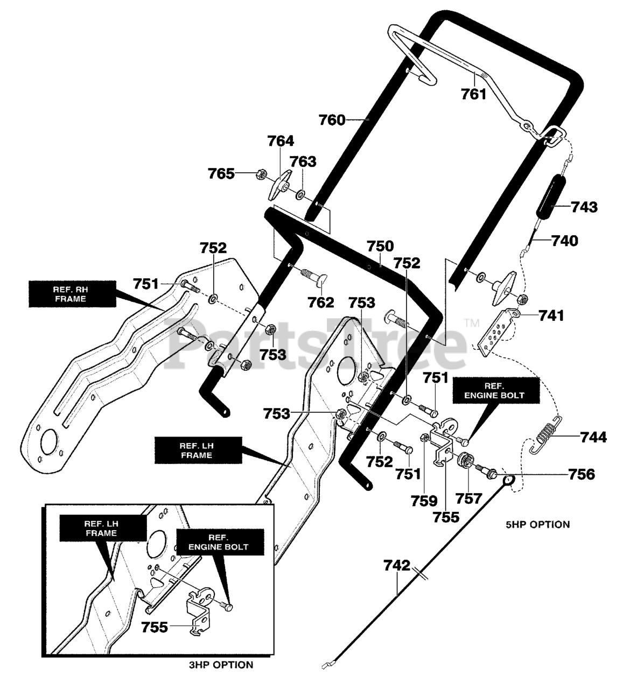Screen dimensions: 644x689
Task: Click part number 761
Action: (x=473, y=94)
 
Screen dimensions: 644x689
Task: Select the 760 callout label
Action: (x=332, y=120)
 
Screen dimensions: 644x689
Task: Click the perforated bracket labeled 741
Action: (x=494, y=332)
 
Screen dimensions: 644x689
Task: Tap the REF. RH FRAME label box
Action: (x=72, y=294)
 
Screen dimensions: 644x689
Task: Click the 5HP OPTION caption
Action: (x=538, y=524)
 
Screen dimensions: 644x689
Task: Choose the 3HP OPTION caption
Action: (x=221, y=665)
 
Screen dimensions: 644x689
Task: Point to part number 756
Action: (x=581, y=474)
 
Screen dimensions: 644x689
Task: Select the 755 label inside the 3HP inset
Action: (x=155, y=627)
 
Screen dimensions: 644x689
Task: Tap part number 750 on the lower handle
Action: (x=380, y=247)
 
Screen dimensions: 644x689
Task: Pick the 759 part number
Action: (x=424, y=501)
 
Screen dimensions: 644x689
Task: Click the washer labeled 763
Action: (x=299, y=195)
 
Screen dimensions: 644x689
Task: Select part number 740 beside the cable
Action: (x=564, y=241)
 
